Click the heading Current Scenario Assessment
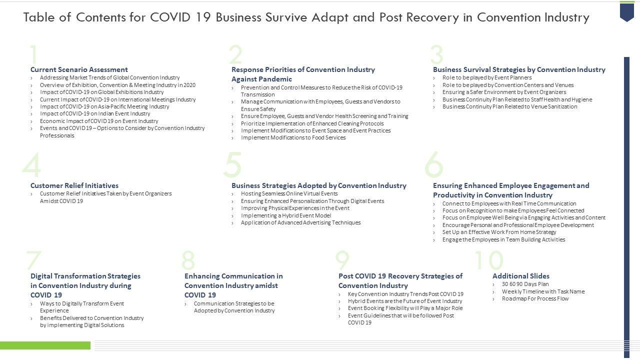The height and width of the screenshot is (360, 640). (79, 69)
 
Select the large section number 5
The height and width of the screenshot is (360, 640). (232, 165)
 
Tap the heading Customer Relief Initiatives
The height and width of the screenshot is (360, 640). (74, 185)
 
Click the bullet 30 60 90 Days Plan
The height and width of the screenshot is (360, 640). (525, 284)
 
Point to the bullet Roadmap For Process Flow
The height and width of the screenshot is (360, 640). (535, 298)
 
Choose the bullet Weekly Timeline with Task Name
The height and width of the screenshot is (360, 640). (543, 291)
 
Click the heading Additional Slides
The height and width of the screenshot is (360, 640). (520, 276)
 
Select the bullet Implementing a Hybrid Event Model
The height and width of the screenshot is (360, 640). (285, 215)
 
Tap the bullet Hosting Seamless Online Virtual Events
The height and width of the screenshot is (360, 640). (289, 193)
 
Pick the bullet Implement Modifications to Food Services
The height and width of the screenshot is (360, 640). (293, 137)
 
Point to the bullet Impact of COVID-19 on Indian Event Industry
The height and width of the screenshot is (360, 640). (94, 113)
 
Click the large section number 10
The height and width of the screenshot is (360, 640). (488, 260)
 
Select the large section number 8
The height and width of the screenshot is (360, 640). (188, 260)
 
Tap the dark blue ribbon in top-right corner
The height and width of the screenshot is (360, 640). (626, 11)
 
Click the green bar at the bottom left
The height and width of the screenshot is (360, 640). (45, 345)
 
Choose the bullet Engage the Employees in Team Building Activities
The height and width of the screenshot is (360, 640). (503, 239)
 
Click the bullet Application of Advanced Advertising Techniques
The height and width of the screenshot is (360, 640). (300, 222)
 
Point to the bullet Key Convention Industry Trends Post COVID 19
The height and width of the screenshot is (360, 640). (405, 294)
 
